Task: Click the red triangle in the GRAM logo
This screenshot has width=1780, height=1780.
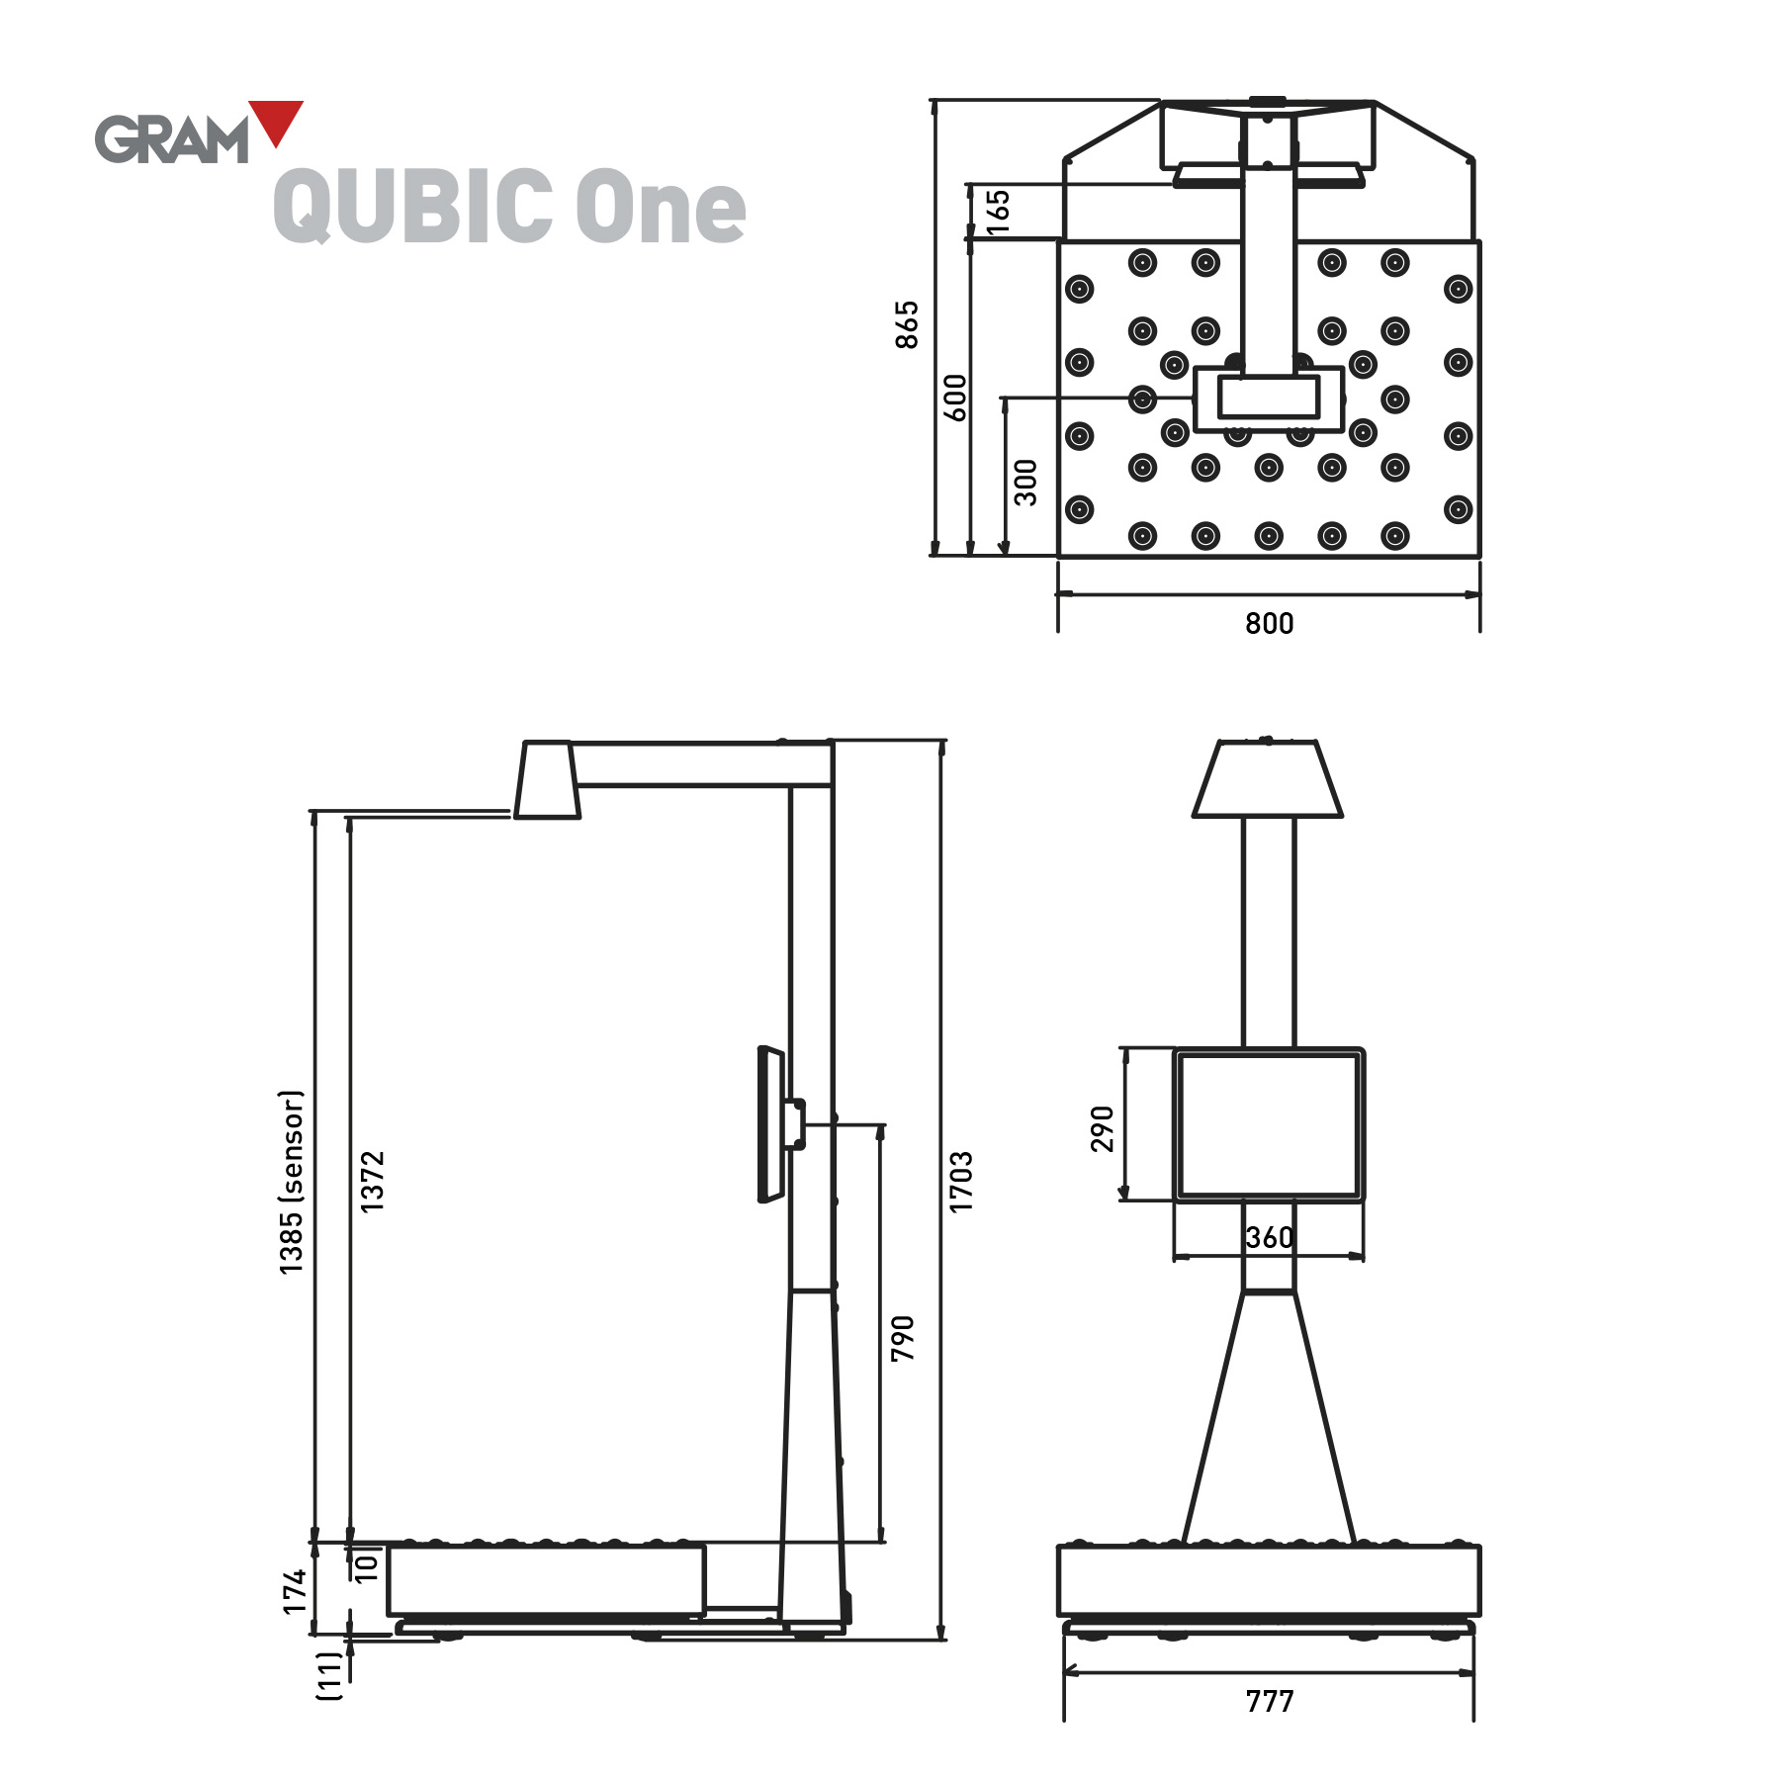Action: [276, 119]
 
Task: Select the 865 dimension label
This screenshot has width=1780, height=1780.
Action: [907, 324]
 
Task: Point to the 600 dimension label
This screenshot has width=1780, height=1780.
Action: [955, 398]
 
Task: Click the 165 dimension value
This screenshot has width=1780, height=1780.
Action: [999, 212]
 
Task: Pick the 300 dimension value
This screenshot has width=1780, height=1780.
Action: [1026, 482]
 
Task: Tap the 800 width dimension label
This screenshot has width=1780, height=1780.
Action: [1269, 624]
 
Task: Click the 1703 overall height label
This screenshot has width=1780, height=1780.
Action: [961, 1181]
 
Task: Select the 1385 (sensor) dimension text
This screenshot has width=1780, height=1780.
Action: [292, 1182]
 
